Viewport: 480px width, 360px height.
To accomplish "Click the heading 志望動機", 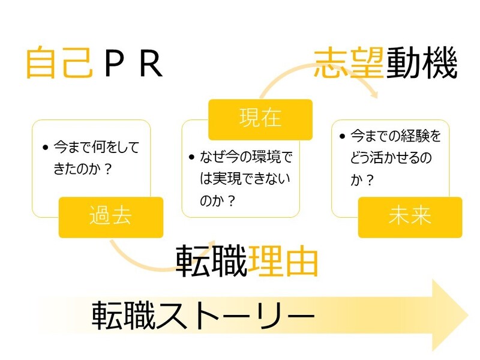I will (x=386, y=64).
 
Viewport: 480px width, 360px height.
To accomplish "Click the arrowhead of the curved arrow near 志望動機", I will (x=374, y=94).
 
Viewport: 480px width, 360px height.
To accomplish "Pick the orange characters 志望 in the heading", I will (x=349, y=64).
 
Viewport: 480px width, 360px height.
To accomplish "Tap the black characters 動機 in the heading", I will (x=422, y=64).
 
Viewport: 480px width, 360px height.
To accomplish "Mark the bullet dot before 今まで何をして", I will (x=46, y=148).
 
